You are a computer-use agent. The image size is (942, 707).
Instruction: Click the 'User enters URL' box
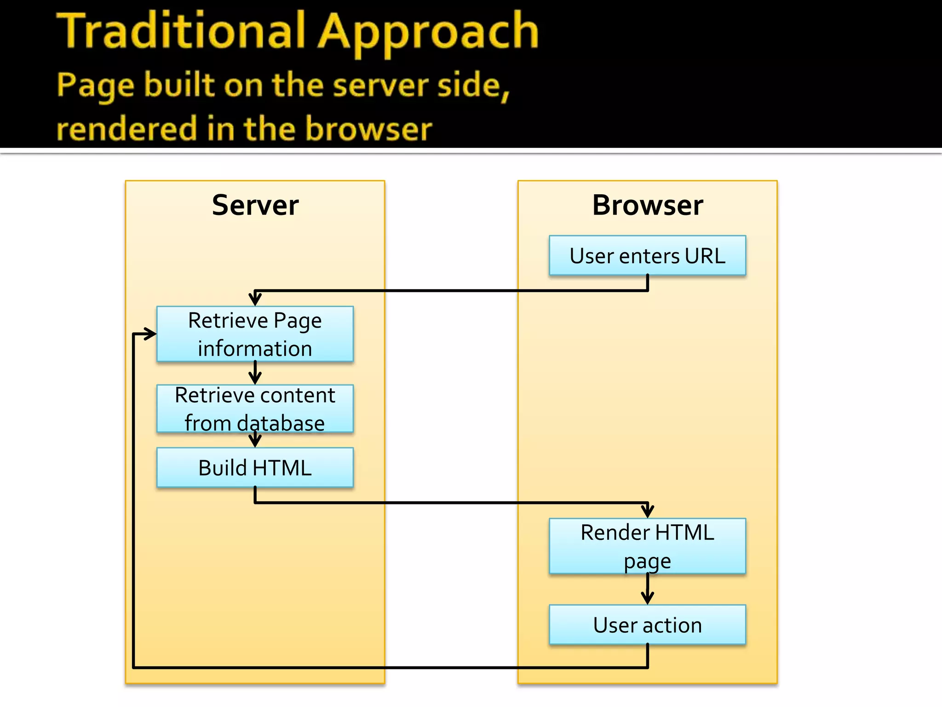tap(647, 255)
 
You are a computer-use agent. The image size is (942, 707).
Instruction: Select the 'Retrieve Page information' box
tap(255, 334)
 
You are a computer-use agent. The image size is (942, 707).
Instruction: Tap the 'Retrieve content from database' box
tap(255, 409)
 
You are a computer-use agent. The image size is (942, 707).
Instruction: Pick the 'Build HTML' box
tap(255, 468)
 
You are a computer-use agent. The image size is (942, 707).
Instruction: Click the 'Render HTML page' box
tap(647, 546)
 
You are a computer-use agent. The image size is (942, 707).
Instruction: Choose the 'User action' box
tap(647, 625)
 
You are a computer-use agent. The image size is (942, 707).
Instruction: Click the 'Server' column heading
tap(255, 205)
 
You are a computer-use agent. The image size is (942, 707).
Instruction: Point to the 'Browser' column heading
tap(648, 205)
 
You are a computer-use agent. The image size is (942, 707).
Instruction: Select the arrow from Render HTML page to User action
tap(648, 589)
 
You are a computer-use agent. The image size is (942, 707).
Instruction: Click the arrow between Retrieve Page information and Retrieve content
tap(255, 373)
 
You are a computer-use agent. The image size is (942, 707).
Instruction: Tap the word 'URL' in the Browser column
tap(705, 256)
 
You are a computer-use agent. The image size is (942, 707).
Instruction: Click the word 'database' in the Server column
tap(281, 423)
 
